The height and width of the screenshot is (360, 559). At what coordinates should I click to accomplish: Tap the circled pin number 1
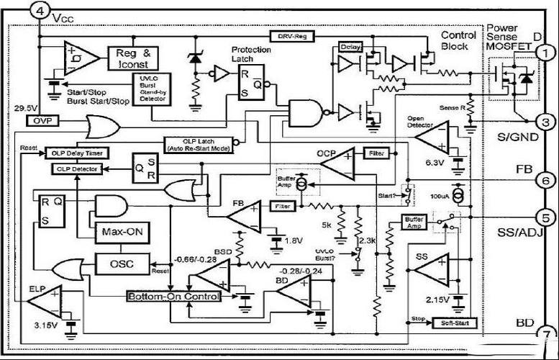(x=547, y=53)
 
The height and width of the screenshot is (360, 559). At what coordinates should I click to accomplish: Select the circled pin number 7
(x=547, y=333)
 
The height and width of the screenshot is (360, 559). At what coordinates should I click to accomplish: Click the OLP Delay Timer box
(x=75, y=153)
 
